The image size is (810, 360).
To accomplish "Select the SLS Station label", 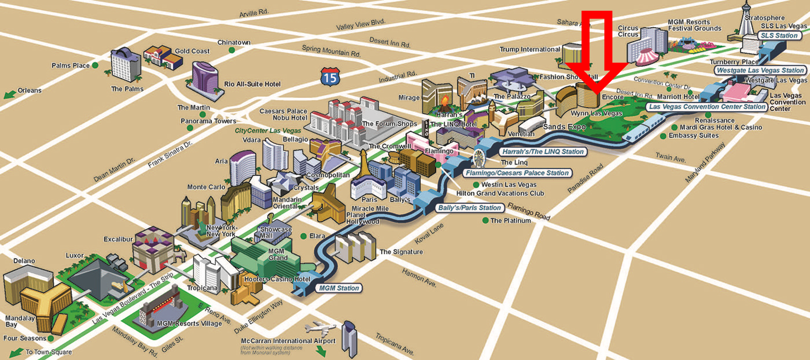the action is [779, 36].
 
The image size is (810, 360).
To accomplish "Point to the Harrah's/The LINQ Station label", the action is [543, 151].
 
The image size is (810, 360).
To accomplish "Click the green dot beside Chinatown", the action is [232, 50].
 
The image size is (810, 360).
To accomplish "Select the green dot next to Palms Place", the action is [95, 65].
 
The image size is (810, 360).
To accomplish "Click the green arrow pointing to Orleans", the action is [9, 94].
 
